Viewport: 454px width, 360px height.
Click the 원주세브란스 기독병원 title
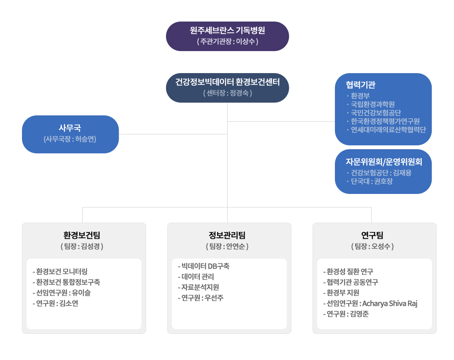coord(227,30)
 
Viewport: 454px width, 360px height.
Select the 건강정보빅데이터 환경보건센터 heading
coord(227,82)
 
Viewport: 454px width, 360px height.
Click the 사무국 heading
coord(70,128)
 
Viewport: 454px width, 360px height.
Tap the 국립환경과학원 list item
coord(372,104)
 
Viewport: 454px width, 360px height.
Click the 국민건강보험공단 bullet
coord(375,112)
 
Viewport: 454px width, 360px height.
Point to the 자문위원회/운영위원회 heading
coord(383,161)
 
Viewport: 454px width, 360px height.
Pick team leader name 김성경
coord(90,246)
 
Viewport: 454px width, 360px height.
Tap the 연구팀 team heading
coord(372,235)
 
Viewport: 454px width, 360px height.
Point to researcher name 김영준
coord(359,314)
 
